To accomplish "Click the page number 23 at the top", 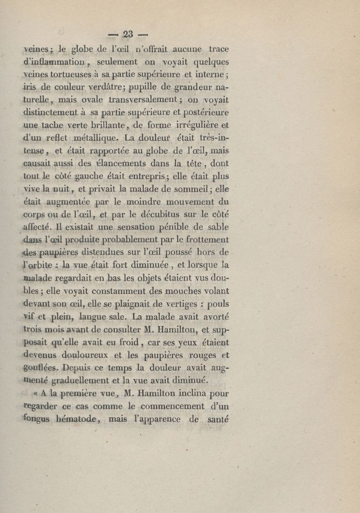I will coord(128,34).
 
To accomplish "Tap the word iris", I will coord(32,88).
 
